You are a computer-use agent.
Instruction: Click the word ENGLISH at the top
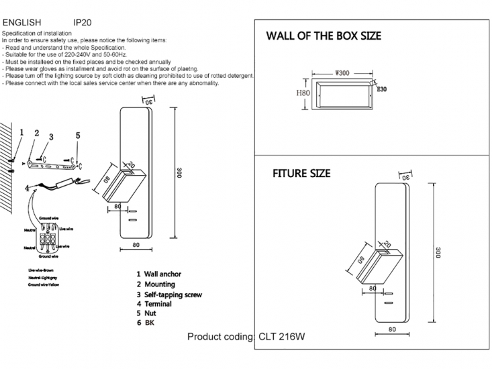pyautogui.click(x=22, y=22)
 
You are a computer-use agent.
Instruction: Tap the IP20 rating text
pyautogui.click(x=82, y=22)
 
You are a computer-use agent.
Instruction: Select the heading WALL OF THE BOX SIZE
pyautogui.click(x=324, y=36)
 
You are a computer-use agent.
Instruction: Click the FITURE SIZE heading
pyautogui.click(x=301, y=173)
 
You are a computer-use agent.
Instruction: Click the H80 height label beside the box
pyautogui.click(x=303, y=94)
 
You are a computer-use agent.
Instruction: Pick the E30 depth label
pyautogui.click(x=382, y=89)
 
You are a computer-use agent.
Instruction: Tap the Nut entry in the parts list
pyautogui.click(x=150, y=313)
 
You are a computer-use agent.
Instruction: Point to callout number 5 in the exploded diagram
pyautogui.click(x=78, y=136)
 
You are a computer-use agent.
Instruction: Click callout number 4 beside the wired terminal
pyautogui.click(x=27, y=189)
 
